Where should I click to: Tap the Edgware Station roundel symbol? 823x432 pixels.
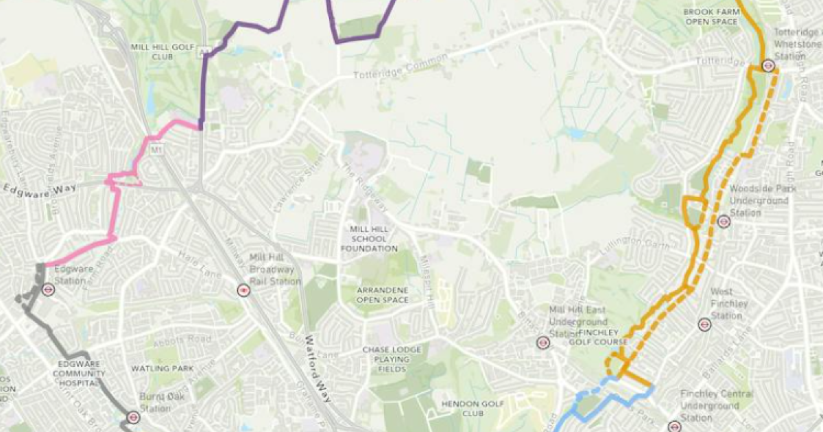48,289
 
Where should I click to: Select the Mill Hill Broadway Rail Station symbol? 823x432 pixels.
243,290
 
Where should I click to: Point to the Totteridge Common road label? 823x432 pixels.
401,66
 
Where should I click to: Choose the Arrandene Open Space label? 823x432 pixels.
383,295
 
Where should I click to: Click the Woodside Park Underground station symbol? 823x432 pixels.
723,221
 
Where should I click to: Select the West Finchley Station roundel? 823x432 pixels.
703,324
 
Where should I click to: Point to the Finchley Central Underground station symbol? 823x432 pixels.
674,426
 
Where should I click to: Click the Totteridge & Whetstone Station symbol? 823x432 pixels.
767,67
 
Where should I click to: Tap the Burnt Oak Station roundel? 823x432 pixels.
134,417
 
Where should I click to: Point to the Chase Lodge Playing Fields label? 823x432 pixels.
392,359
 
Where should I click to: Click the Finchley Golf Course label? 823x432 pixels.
599,341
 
